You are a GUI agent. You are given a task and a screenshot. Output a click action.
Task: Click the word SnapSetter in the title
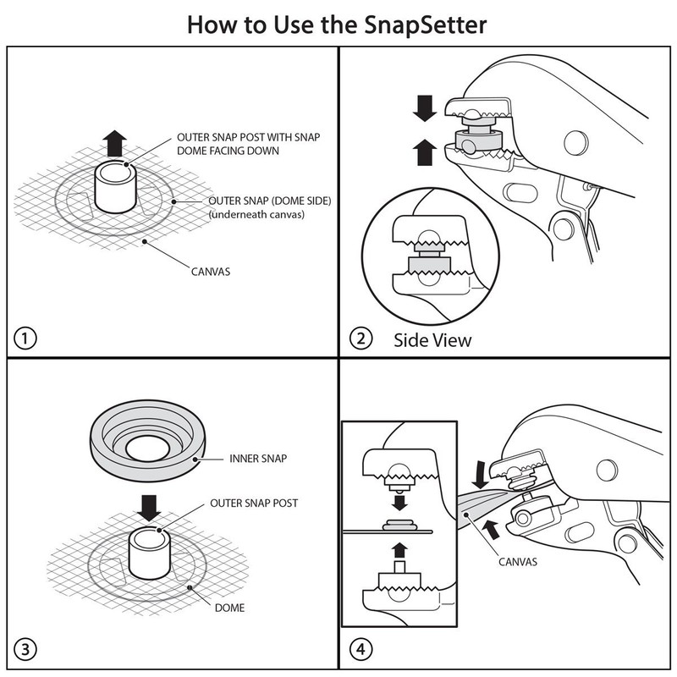tap(426, 25)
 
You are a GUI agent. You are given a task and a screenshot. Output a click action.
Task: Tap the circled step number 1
tap(25, 338)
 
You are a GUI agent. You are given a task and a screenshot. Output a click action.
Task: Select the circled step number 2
tap(361, 339)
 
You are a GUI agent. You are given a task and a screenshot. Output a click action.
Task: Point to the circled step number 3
tap(25, 649)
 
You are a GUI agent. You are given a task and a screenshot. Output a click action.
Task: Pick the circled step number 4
tap(361, 649)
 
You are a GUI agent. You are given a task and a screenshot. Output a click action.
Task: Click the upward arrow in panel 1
tap(115, 143)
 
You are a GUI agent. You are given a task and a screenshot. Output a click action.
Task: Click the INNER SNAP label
tap(258, 459)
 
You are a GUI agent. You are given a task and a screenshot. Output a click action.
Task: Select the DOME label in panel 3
tap(229, 608)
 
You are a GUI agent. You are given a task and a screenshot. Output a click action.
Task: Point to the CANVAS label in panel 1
tap(211, 272)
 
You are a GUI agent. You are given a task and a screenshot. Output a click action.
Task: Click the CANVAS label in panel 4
tap(518, 562)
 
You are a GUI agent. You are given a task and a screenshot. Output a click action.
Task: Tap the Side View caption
tap(432, 340)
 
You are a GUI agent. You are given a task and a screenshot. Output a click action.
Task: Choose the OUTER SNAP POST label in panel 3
tap(254, 504)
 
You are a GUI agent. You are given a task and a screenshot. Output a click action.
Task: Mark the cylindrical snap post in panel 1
tap(116, 186)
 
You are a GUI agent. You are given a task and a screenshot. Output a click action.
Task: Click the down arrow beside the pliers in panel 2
tap(425, 108)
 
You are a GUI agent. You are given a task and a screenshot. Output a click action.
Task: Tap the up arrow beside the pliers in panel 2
tap(425, 152)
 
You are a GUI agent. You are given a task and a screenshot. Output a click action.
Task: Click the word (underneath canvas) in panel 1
tap(256, 215)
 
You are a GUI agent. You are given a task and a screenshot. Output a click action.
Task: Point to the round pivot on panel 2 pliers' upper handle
tap(576, 142)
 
